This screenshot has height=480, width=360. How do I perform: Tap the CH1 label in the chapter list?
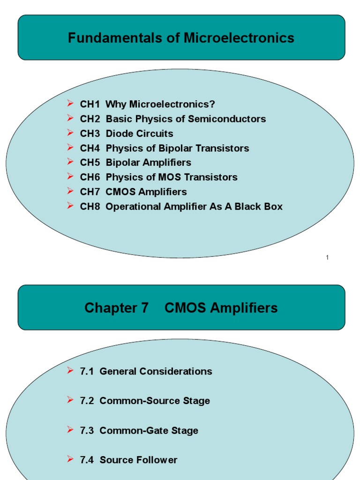(90, 104)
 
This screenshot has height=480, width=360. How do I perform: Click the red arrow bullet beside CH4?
(70, 148)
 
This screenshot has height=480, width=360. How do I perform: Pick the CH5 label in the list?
(90, 163)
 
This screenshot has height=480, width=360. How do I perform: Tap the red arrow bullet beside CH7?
(70, 191)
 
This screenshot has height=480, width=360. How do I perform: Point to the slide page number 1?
(327, 258)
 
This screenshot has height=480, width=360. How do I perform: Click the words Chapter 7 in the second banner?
(116, 308)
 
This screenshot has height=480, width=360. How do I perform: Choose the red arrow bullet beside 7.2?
(70, 400)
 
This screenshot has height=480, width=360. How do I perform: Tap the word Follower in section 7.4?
(157, 460)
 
